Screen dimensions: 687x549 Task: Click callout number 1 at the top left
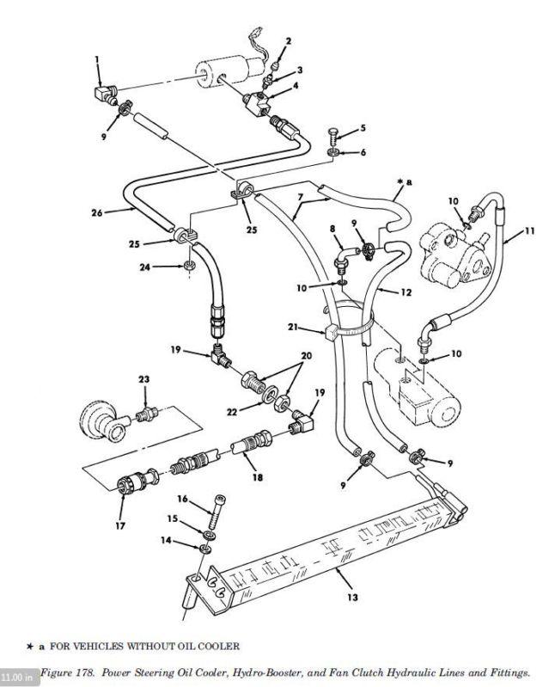pos(97,58)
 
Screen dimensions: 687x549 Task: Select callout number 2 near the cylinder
pos(288,40)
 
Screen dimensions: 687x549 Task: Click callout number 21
pos(294,328)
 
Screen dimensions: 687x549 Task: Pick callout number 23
pos(143,379)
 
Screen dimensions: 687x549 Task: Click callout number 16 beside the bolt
pos(182,498)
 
